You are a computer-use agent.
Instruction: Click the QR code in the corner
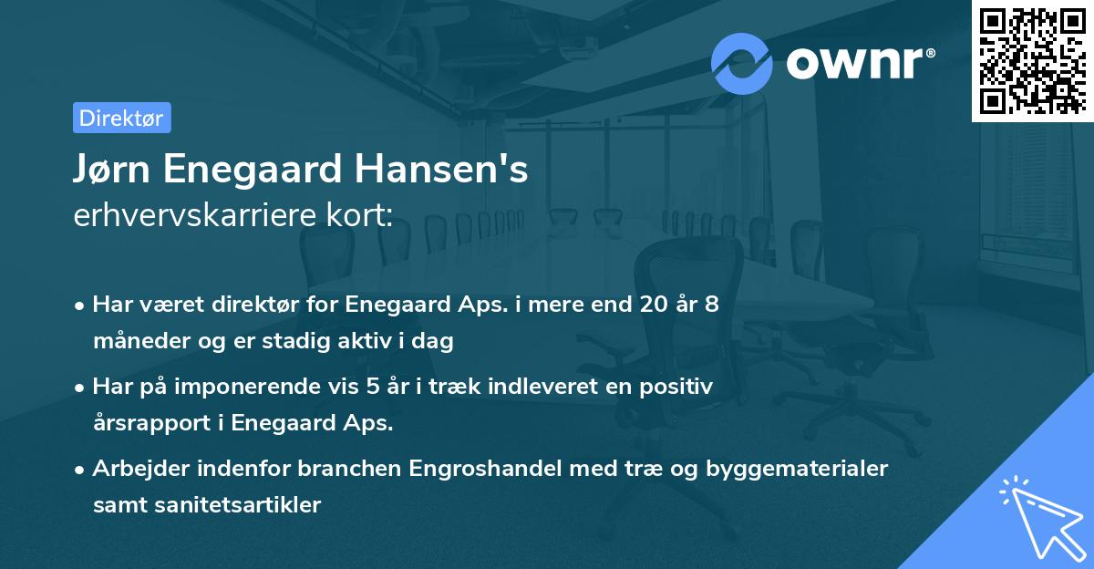1033,61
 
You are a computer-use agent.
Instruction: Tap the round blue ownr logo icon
741,64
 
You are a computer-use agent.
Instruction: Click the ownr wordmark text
861,64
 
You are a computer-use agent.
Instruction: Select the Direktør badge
121,118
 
